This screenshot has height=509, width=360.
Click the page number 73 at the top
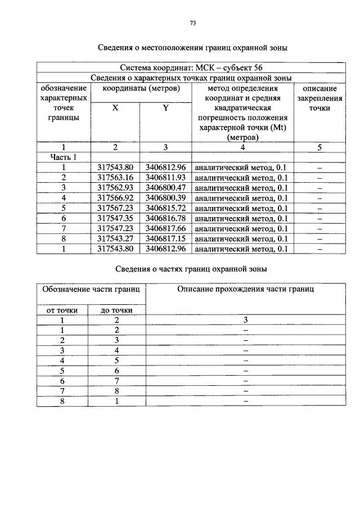click(x=192, y=23)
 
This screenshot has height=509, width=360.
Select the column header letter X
click(x=115, y=108)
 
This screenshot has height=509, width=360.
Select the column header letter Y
click(x=165, y=108)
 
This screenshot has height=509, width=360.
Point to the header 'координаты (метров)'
click(x=141, y=88)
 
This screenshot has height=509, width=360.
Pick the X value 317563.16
click(x=115, y=177)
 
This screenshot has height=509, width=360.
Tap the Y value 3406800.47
click(x=165, y=187)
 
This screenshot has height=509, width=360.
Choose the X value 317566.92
click(x=115, y=197)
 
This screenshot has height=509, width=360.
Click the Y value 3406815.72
click(x=165, y=208)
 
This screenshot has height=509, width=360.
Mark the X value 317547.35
click(x=115, y=218)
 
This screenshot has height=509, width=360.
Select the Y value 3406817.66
click(x=165, y=228)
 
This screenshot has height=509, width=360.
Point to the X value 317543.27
click(x=115, y=238)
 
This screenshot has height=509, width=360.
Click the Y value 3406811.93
click(x=165, y=177)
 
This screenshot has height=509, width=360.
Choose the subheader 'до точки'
click(x=116, y=309)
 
